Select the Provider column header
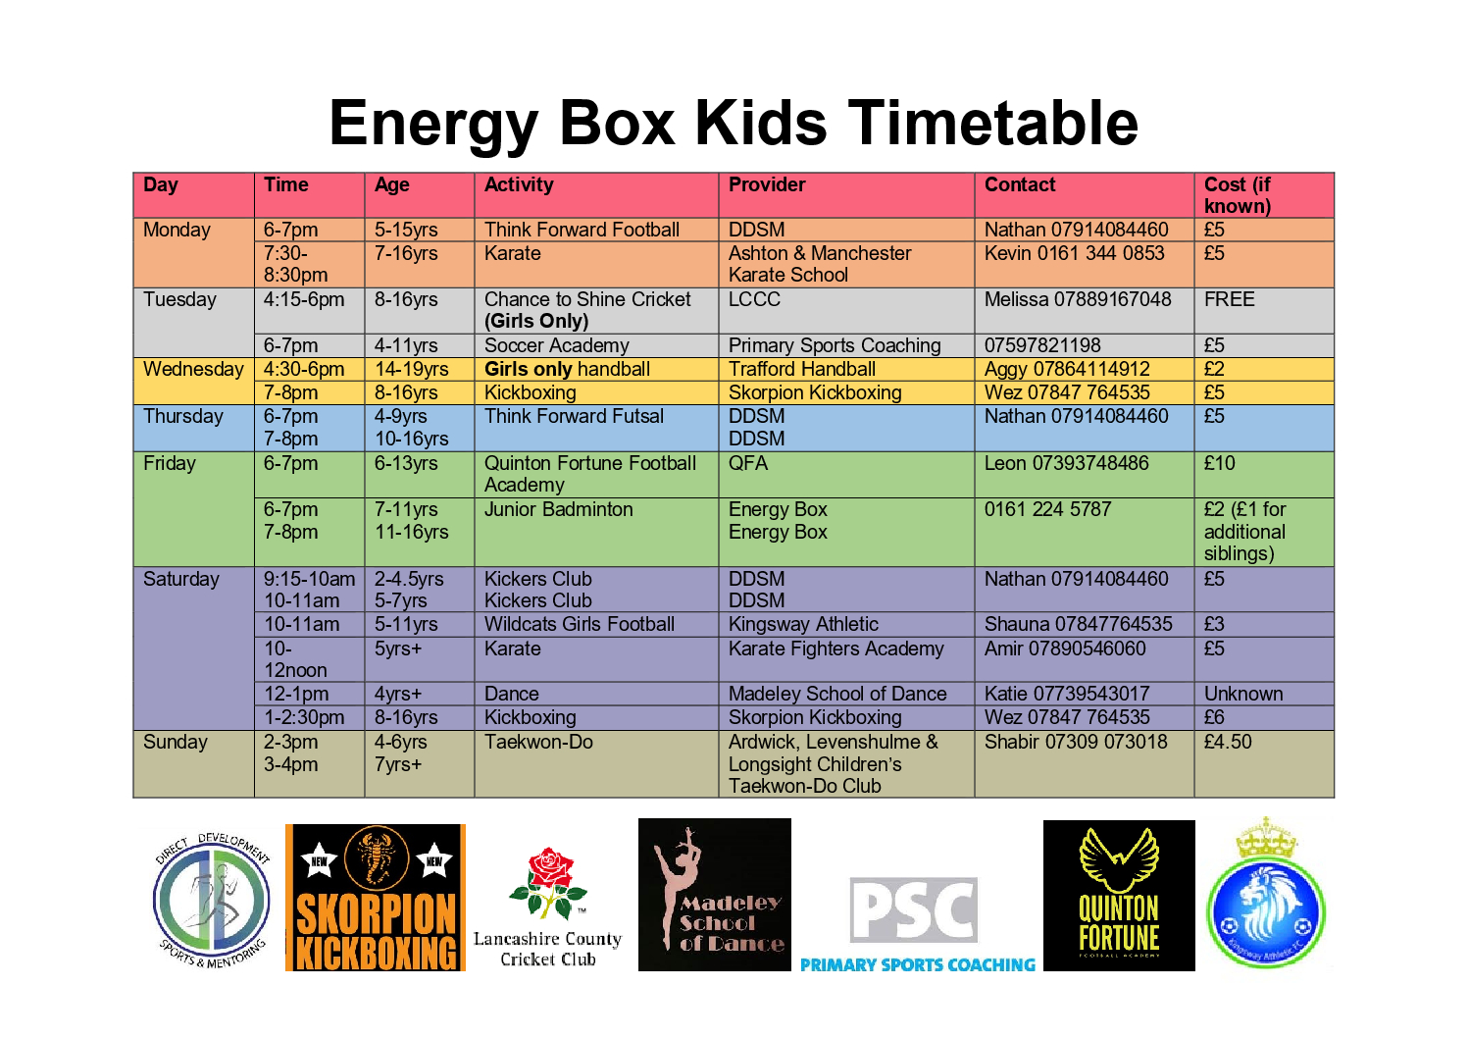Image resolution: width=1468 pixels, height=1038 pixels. click(767, 184)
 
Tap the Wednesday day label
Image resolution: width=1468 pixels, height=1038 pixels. click(193, 369)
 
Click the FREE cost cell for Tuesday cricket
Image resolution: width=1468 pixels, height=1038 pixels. click(1230, 299)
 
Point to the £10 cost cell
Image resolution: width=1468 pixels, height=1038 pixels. click(1220, 463)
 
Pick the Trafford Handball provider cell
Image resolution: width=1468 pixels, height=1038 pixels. click(802, 369)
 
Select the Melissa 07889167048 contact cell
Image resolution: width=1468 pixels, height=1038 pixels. click(1078, 299)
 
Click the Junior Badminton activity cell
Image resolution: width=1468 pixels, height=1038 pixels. click(558, 509)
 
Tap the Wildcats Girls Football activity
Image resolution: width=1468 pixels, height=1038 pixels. click(580, 624)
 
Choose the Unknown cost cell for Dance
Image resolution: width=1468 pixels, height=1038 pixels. click(1243, 693)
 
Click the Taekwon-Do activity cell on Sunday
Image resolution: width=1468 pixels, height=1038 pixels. click(538, 742)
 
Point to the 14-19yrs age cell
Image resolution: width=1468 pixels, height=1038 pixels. click(412, 369)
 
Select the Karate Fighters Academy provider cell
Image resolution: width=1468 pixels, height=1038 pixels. click(836, 649)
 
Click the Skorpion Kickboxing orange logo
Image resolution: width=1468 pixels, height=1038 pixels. click(376, 897)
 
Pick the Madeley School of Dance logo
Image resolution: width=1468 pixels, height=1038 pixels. click(714, 895)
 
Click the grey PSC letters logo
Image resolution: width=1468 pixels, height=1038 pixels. click(914, 910)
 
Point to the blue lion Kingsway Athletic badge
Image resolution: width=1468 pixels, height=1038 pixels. click(1266, 912)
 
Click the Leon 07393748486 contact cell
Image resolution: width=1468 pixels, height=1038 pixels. click(1066, 463)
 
